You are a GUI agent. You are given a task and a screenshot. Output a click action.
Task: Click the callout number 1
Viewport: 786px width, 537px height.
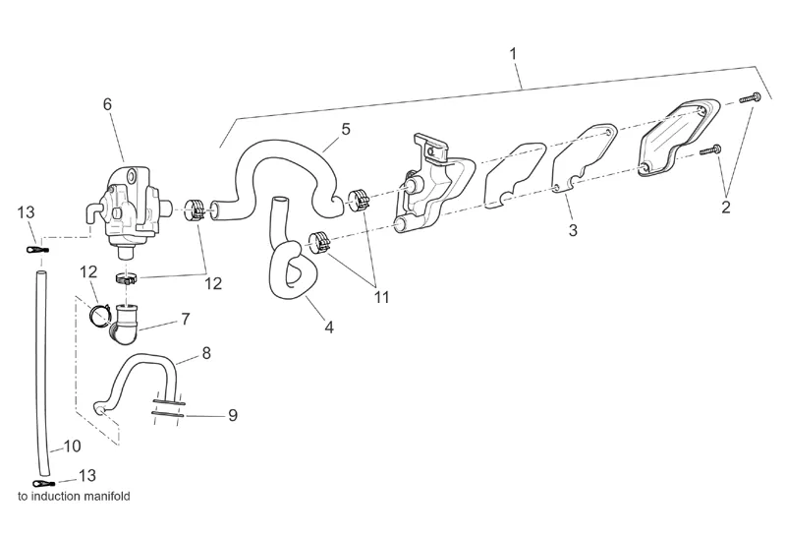coord(514,52)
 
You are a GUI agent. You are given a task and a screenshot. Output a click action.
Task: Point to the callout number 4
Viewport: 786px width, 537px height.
coord(329,327)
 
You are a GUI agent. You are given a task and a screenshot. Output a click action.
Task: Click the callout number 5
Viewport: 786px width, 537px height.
coord(346,129)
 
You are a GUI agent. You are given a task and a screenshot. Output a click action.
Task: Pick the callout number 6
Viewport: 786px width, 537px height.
coord(108,104)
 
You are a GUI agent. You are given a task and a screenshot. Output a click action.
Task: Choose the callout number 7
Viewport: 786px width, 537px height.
coord(184,319)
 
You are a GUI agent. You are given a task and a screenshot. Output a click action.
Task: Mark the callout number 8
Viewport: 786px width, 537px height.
coord(206,351)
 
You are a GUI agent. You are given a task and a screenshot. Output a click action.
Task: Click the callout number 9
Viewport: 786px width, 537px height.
coord(233,415)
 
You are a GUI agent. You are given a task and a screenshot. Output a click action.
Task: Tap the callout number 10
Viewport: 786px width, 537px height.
coord(72,446)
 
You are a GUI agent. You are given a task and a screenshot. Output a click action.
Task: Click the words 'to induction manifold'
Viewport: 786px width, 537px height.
coord(74,497)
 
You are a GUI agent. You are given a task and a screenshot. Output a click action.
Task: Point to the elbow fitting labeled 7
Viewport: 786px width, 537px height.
coord(127,324)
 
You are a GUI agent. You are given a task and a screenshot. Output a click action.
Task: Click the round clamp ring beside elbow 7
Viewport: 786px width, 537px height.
coord(97,316)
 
